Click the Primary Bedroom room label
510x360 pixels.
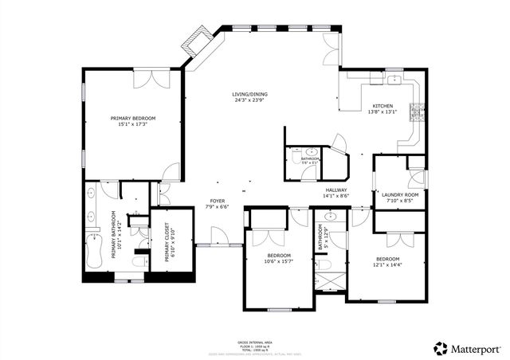[x=133, y=119]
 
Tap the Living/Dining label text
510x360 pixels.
[x=250, y=95]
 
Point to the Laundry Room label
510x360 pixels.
[x=400, y=195]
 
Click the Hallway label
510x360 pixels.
[x=335, y=190]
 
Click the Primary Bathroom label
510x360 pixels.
[x=114, y=234]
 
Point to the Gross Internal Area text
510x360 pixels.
[x=254, y=340]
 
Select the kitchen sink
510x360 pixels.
[x=392, y=80]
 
